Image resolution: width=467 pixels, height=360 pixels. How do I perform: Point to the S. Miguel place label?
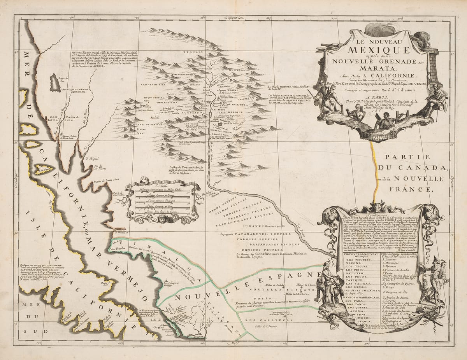91,158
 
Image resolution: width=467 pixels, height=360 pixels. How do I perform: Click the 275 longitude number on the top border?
400,17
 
